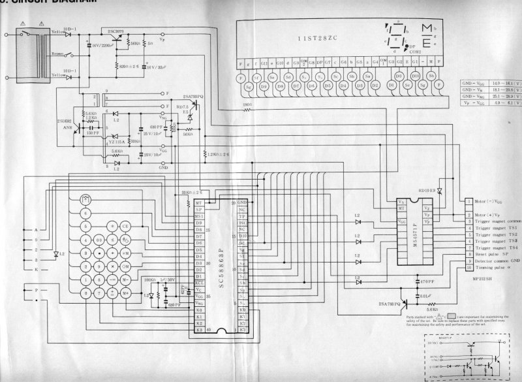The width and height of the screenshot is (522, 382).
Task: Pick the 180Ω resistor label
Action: point(248,104)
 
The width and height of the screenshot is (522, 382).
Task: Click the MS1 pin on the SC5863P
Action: point(198,216)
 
